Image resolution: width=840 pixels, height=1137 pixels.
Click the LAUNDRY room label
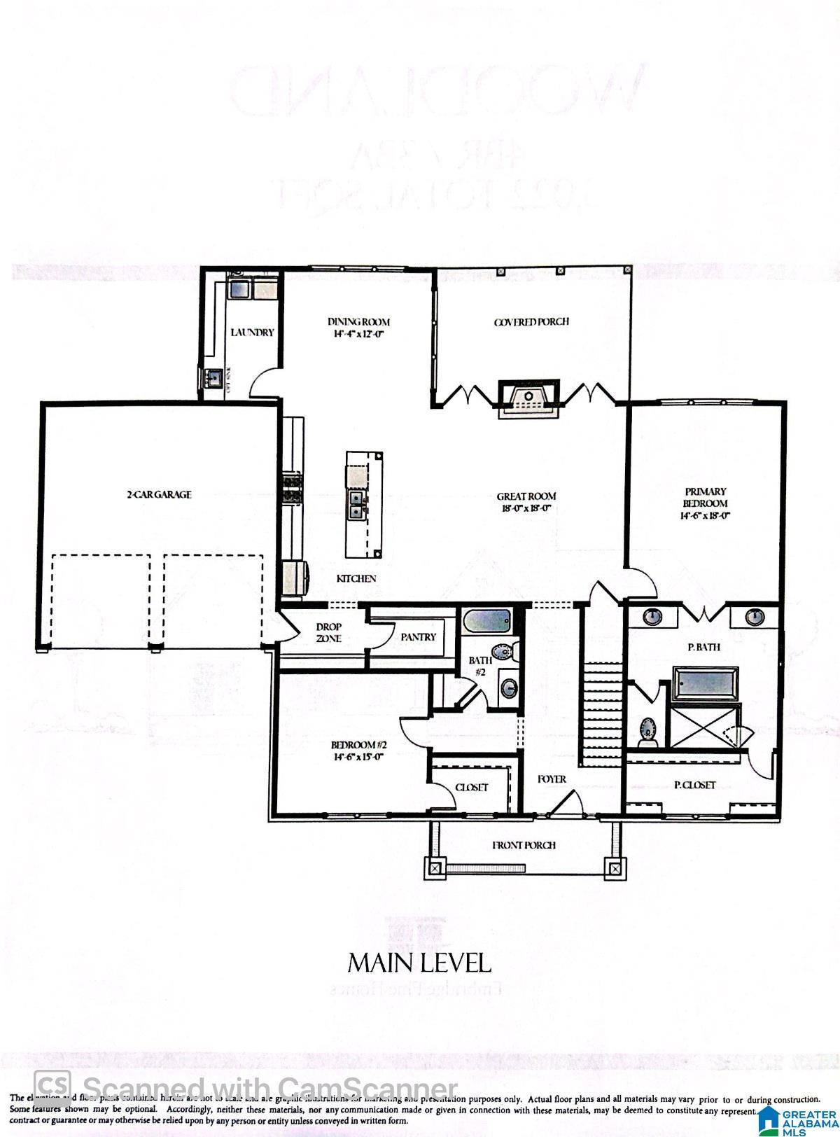(252, 333)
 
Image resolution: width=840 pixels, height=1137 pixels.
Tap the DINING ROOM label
(358, 322)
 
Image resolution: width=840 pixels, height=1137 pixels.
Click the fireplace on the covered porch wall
(528, 398)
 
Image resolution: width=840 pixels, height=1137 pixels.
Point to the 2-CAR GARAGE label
(159, 494)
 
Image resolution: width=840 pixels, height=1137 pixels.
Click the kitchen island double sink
(356, 505)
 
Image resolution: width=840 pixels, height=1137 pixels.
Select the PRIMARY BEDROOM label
(706, 497)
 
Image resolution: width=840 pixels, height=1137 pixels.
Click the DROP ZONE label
(328, 633)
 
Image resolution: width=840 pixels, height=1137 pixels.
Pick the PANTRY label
(419, 637)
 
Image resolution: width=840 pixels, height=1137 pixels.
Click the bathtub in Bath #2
(487, 620)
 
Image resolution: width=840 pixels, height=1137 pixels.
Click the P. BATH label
(703, 648)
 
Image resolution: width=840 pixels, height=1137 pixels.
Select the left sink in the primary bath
(652, 617)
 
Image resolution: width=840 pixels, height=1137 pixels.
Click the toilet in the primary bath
(648, 730)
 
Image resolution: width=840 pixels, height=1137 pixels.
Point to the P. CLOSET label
(694, 785)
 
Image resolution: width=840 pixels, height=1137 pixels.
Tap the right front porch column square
(615, 868)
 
